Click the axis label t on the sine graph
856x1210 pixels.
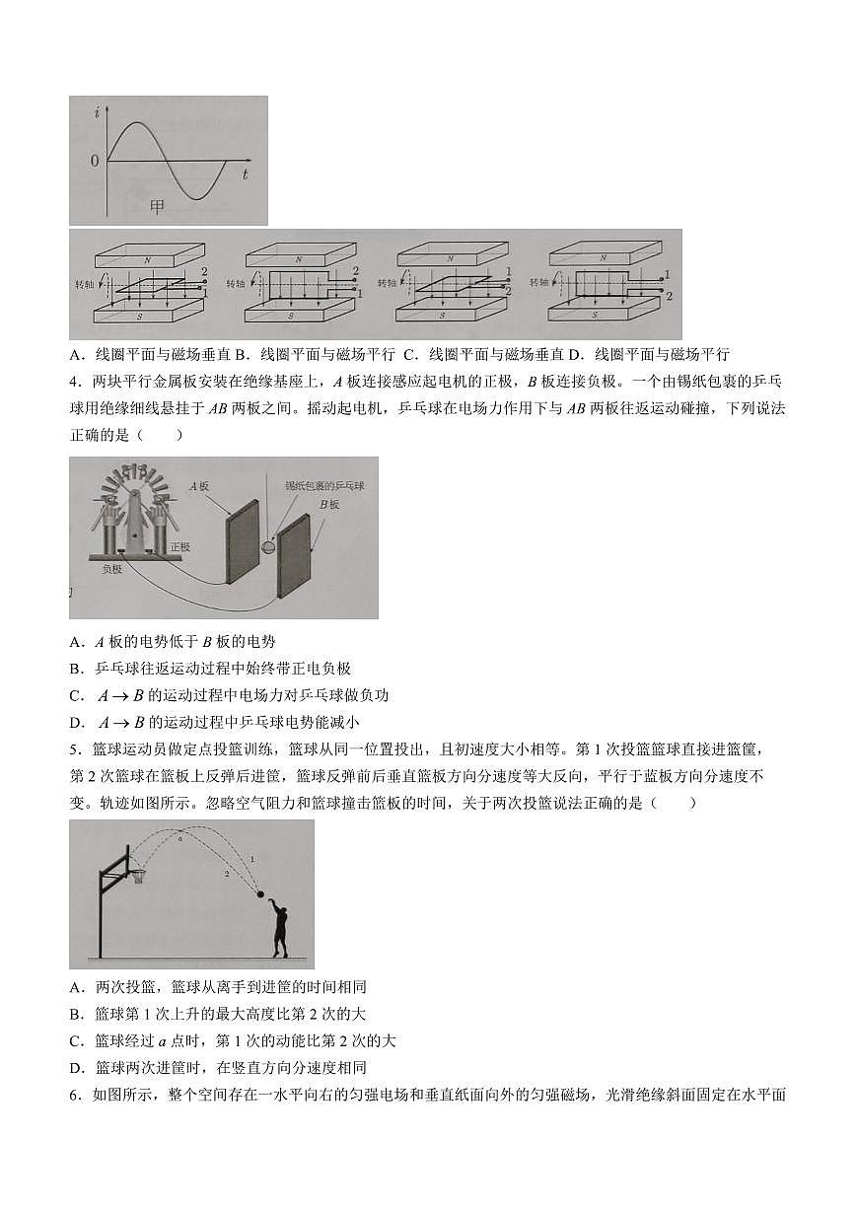[x=245, y=174]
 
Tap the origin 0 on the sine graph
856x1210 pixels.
[x=95, y=160]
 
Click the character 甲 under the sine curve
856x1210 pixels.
[x=157, y=206]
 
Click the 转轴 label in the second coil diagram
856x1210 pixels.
[x=235, y=284]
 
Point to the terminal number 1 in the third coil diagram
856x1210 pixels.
[x=508, y=271]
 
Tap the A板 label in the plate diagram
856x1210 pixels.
[x=200, y=485]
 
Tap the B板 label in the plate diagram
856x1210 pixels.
[x=328, y=504]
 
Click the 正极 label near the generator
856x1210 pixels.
[x=180, y=546]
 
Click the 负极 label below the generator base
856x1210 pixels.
[x=111, y=569]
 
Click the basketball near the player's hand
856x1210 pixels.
[x=260, y=894]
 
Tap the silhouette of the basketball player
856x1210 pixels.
[x=281, y=932]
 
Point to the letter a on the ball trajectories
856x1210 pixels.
[x=180, y=838]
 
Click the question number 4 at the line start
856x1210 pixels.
[x=74, y=382]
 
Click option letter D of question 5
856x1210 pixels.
[x=76, y=1067]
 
